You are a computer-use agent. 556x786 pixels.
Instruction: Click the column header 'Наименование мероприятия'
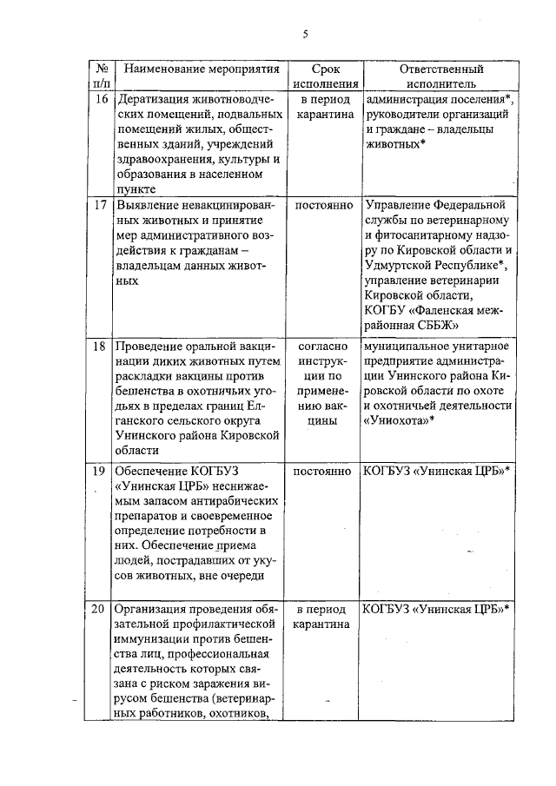click(201, 69)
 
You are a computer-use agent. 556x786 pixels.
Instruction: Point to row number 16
click(102, 99)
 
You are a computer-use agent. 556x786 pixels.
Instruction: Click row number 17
click(102, 206)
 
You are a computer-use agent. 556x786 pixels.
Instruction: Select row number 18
click(102, 347)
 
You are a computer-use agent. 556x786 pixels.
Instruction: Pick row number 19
click(102, 471)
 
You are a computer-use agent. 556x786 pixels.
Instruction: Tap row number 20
click(102, 608)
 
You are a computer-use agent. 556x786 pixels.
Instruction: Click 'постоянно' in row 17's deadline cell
click(324, 206)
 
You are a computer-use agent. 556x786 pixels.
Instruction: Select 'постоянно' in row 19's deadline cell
click(324, 471)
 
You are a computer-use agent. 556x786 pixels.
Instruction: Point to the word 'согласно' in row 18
click(324, 347)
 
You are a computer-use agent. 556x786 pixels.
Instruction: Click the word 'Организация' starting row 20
click(154, 608)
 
